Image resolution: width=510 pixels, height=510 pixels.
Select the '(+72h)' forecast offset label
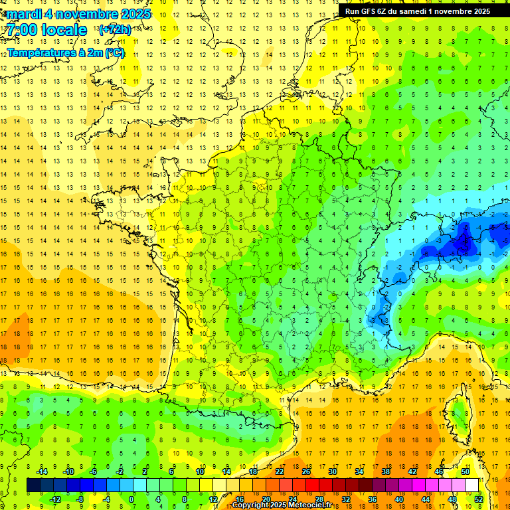tap(115, 30)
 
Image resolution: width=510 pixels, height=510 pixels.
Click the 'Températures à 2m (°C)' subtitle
tap(66, 52)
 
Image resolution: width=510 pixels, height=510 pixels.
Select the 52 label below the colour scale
tap(479, 499)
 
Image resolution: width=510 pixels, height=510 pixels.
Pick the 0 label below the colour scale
tap(131, 499)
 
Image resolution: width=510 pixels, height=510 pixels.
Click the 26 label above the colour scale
tap(306, 471)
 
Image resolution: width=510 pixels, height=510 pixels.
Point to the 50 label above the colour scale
tap(466, 471)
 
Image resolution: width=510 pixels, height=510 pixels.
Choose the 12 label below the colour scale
tap(213, 499)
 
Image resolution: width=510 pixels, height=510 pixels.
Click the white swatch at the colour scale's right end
tap(472, 485)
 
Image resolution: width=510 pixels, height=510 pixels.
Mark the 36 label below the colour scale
tap(373, 499)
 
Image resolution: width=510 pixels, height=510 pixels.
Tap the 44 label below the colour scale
tap(426, 499)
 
